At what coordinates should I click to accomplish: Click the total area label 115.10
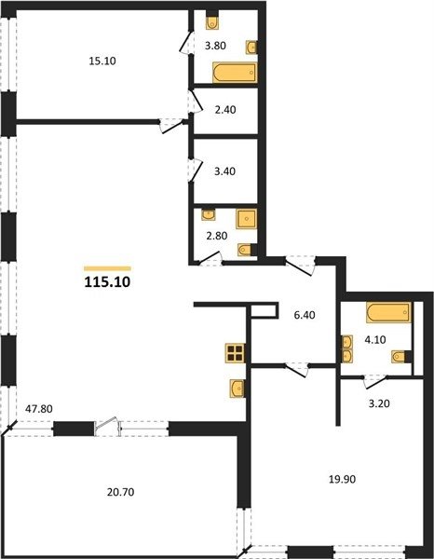click(x=107, y=282)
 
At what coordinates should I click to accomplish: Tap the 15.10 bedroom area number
click(x=102, y=61)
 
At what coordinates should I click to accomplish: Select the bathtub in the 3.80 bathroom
click(x=235, y=73)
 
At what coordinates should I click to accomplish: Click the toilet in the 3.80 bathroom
click(x=212, y=21)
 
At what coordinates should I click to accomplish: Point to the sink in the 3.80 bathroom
click(x=251, y=48)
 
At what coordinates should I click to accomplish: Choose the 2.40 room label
click(x=225, y=110)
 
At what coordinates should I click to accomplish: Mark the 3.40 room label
click(x=224, y=171)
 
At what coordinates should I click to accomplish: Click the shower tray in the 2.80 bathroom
click(x=246, y=219)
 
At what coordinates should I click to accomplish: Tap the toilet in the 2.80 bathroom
click(x=245, y=250)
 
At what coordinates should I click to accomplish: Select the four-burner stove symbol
click(x=236, y=353)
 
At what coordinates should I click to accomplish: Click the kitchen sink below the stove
click(x=237, y=389)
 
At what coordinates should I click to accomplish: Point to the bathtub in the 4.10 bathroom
click(x=388, y=313)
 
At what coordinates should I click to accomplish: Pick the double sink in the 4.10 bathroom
click(x=347, y=348)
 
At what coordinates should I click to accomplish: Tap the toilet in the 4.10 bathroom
click(x=400, y=357)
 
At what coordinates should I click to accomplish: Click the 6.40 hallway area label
click(x=305, y=315)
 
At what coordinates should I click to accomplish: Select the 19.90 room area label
click(x=342, y=479)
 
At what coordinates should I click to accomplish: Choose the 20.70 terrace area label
click(x=120, y=492)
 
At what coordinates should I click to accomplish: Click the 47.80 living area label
click(x=39, y=409)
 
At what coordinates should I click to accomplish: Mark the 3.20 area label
click(x=379, y=403)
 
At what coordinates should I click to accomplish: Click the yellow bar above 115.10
click(x=107, y=269)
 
